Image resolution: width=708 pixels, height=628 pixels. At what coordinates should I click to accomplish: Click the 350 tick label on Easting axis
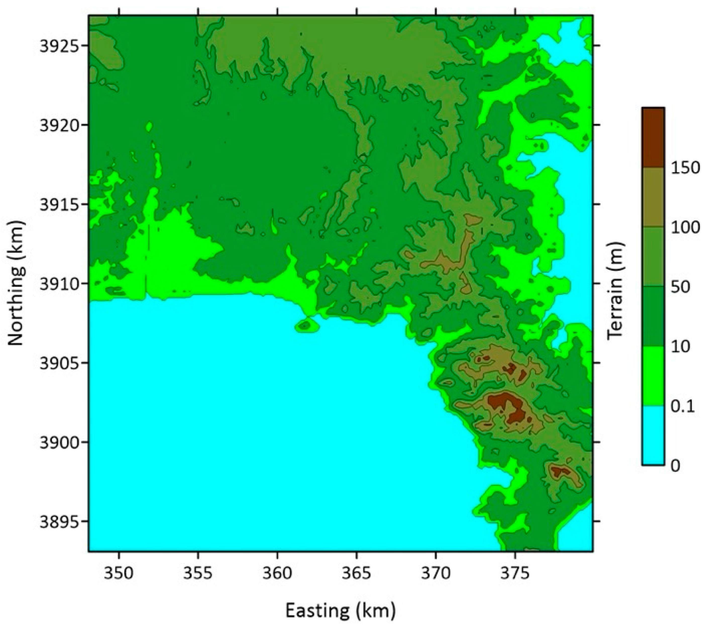[119, 573]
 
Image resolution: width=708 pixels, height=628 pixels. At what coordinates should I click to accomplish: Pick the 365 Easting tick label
[356, 573]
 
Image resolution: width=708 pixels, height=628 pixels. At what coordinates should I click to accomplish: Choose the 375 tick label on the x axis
[515, 573]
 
